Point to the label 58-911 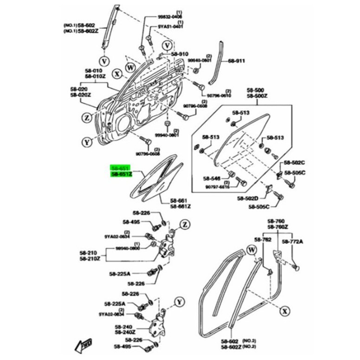237,61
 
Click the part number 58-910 180,54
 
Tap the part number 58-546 212,178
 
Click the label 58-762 263,239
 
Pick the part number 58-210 89,252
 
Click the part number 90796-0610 219,95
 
